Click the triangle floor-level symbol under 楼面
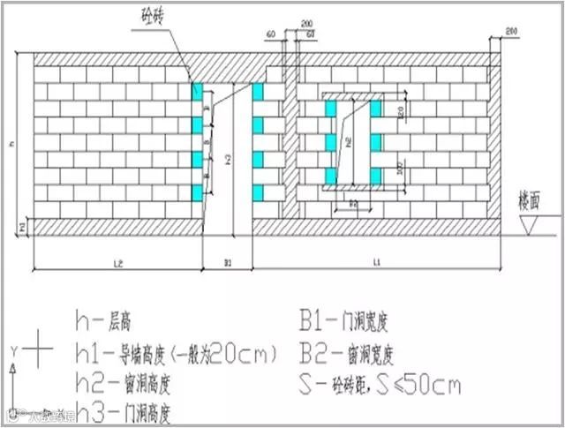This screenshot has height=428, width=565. (531, 227)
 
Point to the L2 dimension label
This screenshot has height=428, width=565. (117, 262)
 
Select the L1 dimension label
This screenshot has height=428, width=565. (375, 262)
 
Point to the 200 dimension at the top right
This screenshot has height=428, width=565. (510, 32)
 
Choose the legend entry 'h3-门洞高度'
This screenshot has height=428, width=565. (132, 412)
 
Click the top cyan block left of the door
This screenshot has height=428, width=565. (198, 91)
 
